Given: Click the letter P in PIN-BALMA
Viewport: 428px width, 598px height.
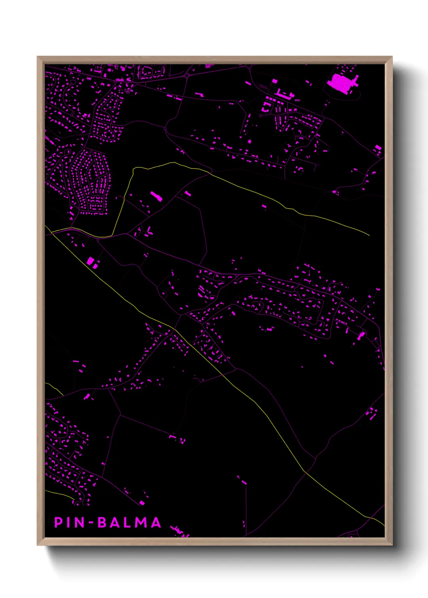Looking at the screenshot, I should click(x=59, y=522).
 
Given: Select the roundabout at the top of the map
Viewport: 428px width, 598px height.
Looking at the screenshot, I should click(x=186, y=75).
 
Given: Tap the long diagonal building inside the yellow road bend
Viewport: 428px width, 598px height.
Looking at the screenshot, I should click(x=157, y=196).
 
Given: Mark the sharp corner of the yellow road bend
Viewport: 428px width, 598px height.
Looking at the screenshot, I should click(x=133, y=169).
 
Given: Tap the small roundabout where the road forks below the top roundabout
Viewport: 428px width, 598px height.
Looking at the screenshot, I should click(x=165, y=128).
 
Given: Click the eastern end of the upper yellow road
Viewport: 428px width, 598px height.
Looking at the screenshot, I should click(x=369, y=235).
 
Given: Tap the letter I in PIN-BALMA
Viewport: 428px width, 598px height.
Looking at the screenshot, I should click(x=69, y=522).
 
